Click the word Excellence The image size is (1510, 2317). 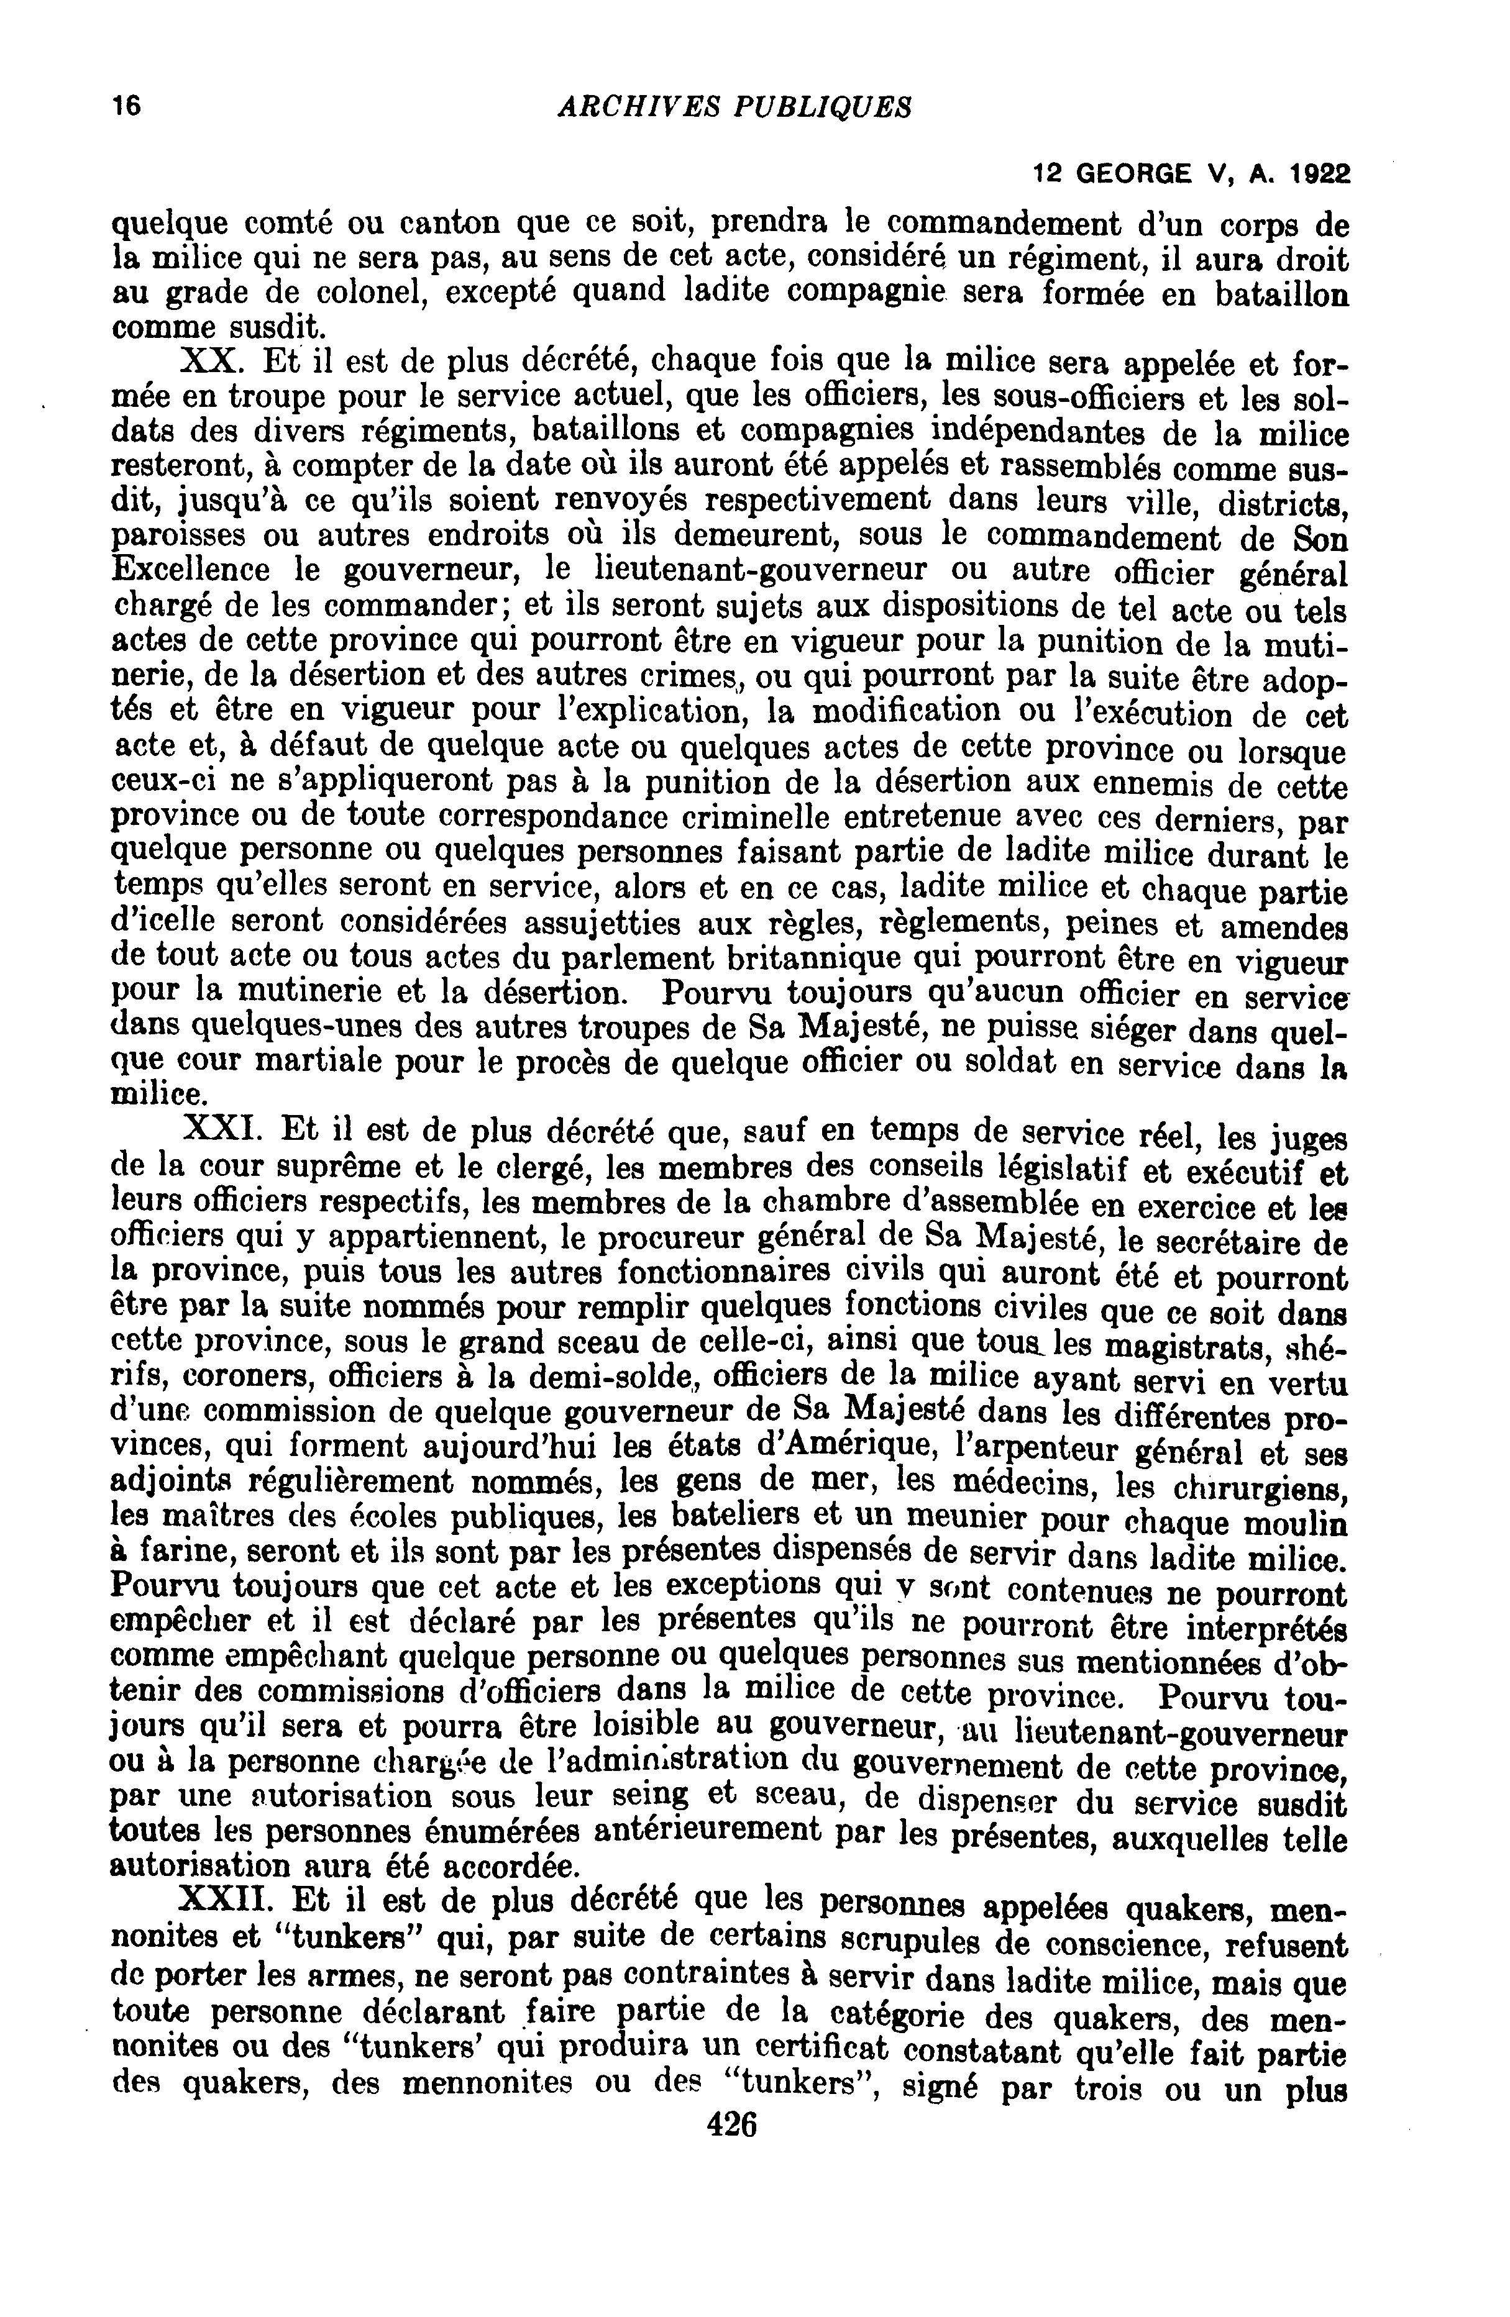click(x=192, y=570)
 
